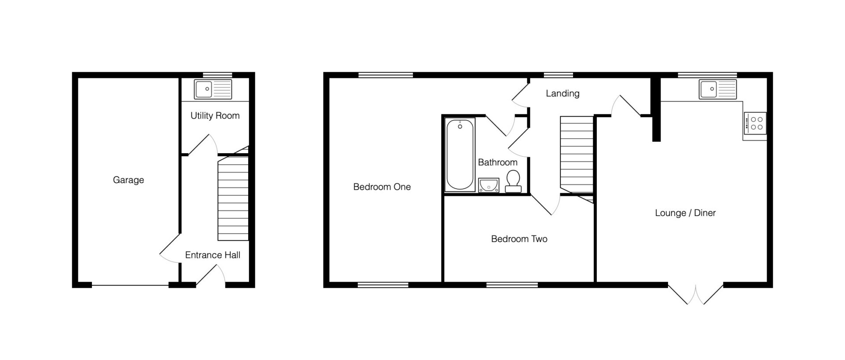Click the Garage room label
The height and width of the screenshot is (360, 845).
tap(129, 180)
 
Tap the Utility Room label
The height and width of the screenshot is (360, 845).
tap(215, 116)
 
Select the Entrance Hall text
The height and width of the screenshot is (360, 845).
tap(213, 255)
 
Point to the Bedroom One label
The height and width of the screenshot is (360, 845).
tap(382, 187)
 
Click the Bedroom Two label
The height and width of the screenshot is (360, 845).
tap(519, 239)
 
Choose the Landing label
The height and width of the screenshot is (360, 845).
tap(562, 93)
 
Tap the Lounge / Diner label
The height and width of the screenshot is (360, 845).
tap(685, 213)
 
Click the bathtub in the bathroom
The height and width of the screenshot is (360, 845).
tap(460, 155)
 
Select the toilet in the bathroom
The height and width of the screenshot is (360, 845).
tap(513, 181)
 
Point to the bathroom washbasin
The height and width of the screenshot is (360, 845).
tap(488, 185)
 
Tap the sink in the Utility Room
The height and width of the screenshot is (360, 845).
tap(213, 89)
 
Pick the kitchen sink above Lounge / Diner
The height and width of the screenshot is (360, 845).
tap(717, 89)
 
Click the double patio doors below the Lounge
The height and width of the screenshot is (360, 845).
tap(696, 295)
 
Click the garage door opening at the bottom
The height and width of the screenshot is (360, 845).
tap(130, 286)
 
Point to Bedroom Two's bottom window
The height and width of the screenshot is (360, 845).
tap(512, 285)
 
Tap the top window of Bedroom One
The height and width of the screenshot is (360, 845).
tap(386, 75)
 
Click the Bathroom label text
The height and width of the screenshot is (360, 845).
tap(498, 162)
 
